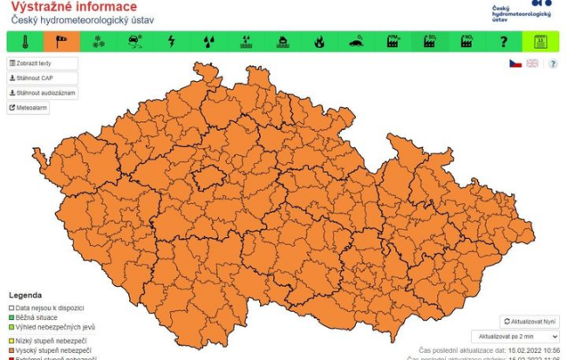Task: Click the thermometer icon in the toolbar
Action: coord(25,41)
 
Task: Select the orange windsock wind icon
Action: coord(62,41)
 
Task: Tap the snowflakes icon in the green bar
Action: coord(99,41)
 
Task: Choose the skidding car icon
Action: coord(135,41)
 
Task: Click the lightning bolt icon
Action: coord(172,41)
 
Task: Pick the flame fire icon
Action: coord(319,41)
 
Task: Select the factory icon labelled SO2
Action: coord(430,41)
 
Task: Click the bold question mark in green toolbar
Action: coord(503,41)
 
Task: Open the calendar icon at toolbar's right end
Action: coord(540,41)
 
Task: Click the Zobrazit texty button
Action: coord(43,64)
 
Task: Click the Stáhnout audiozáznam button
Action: coord(43,92)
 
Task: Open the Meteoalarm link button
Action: coord(29,108)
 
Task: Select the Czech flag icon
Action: coord(516,64)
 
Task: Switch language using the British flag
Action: coord(532,64)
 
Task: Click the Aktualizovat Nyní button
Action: coord(529,322)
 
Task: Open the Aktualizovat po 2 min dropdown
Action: coord(515,336)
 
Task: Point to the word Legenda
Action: coord(25,295)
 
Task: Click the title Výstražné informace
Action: coord(73,7)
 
